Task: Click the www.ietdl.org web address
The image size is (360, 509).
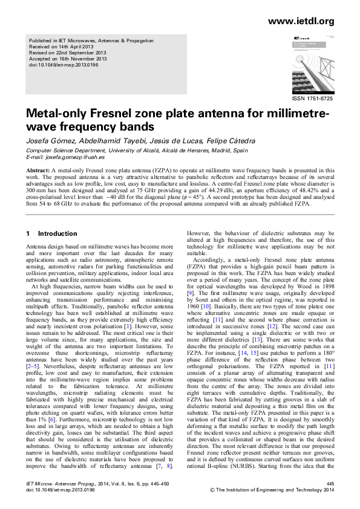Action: [300, 21]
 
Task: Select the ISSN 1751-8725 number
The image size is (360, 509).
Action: [312, 98]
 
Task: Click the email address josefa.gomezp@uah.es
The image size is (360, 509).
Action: [71, 157]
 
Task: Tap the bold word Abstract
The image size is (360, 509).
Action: [38, 171]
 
